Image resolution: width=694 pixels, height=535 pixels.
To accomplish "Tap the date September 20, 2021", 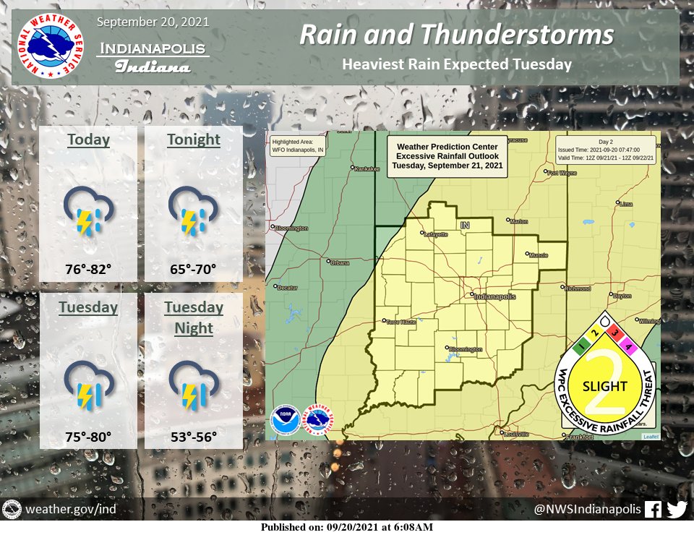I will tap(153, 22).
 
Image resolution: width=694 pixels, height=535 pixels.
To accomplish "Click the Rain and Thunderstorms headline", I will tap(456, 34).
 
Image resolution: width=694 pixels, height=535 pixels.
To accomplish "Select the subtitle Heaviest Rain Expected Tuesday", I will tap(457, 64).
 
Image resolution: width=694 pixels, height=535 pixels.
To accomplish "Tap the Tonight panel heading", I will tap(193, 140).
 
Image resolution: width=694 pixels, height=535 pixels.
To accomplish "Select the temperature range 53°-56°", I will tap(193, 437).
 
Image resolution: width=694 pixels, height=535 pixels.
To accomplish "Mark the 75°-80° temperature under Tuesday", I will tap(88, 437).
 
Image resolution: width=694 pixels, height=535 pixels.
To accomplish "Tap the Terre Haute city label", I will tap(403, 322).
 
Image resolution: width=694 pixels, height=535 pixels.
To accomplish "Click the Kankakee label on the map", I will tap(367, 169).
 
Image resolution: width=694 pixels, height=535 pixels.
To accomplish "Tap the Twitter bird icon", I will tap(677, 510).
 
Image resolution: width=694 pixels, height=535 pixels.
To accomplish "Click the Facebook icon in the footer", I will tap(652, 510).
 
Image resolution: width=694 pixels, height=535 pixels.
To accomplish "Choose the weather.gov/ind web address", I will tap(70, 510).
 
